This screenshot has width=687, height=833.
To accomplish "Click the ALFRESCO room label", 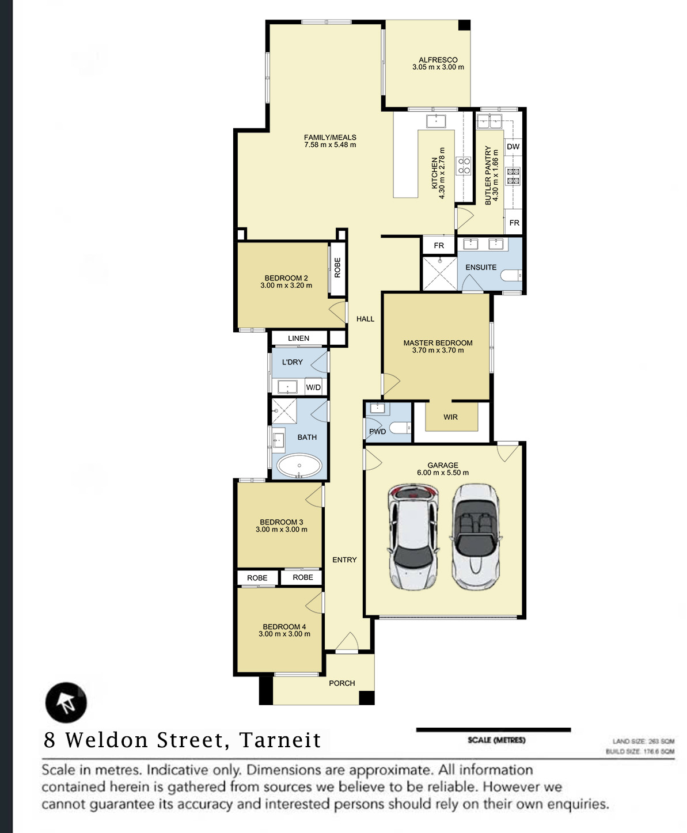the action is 438,60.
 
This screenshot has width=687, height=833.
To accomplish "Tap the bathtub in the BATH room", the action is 299,466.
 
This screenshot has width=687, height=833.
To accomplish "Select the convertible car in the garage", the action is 476,537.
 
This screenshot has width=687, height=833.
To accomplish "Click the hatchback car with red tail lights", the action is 413,537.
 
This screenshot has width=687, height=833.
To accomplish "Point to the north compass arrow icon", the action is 66,702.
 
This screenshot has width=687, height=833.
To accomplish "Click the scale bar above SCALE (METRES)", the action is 494,730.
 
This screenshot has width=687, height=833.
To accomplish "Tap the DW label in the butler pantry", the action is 513,146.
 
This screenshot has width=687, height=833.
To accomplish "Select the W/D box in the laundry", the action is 313,387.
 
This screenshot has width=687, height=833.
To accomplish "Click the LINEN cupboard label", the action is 299,338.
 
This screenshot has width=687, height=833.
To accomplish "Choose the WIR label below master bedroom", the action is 451,417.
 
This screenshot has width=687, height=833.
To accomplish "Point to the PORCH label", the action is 341,683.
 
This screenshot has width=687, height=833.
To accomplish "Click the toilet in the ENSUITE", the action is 511,275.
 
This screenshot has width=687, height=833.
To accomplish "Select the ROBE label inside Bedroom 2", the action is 337,268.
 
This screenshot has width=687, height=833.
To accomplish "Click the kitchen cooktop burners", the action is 464,166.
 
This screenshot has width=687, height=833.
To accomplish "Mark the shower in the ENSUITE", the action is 440,273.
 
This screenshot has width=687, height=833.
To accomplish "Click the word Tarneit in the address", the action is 280,740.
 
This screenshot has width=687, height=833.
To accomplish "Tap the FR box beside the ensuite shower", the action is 439,245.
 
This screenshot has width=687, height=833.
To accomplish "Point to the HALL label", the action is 365,319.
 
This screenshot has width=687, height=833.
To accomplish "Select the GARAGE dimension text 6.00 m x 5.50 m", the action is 443,473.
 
